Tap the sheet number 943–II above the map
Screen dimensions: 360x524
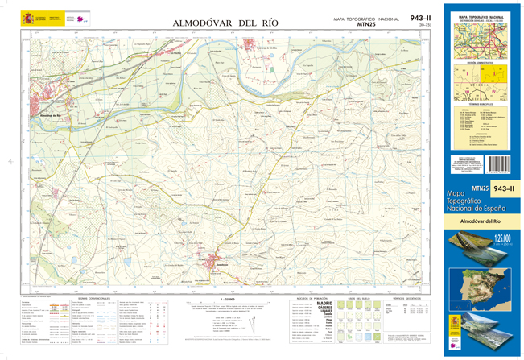click(x=420, y=18)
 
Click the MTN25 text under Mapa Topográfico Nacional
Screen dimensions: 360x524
click(x=366, y=26)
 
